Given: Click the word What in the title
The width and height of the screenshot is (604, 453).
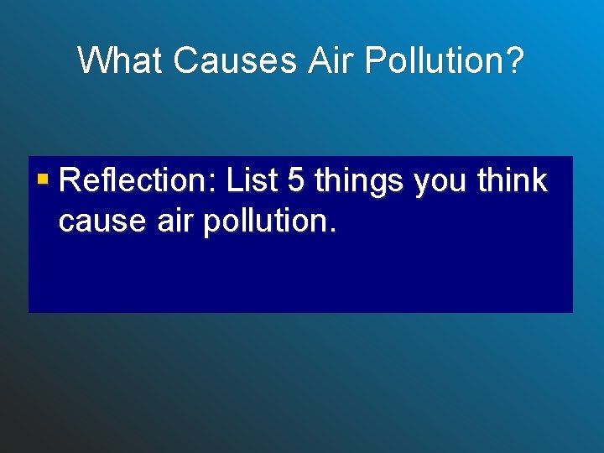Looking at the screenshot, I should tap(122, 60).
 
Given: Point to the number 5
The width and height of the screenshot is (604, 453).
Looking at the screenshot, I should tap(296, 180).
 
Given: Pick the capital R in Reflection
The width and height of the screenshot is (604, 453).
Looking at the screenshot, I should tap(70, 180).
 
